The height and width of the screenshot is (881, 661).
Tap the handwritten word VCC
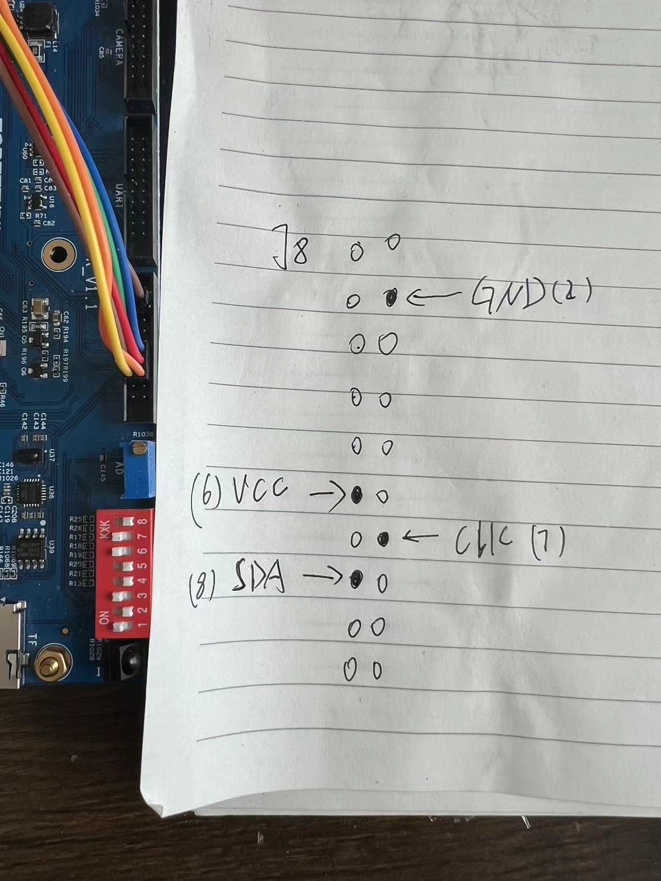coord(260,492)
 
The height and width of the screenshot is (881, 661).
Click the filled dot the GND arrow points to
coord(390,298)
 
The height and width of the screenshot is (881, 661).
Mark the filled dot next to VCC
coord(356,495)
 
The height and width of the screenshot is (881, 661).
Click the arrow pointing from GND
coord(434,296)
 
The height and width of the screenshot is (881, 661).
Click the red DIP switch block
coord(124,573)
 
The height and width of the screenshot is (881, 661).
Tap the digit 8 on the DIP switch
coord(144,521)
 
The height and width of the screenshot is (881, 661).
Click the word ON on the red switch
coord(103,617)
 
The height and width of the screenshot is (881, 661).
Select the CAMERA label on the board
coord(119,46)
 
